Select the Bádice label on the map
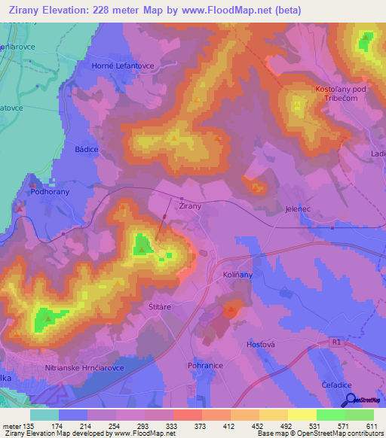click(87, 150)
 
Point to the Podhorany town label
click(50, 192)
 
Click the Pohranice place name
click(204, 364)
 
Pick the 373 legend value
click(200, 425)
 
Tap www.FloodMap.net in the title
click(239, 11)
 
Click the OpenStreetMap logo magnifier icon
click(350, 401)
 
